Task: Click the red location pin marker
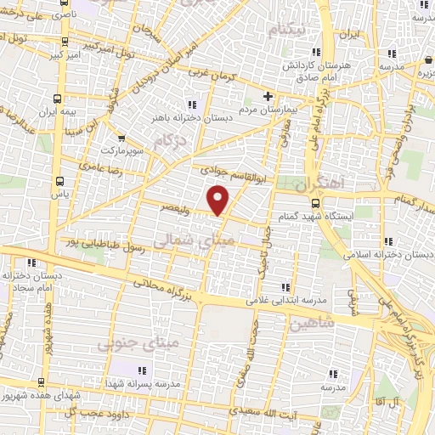[x=219, y=200]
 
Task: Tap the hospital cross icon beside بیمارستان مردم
[x=268, y=95]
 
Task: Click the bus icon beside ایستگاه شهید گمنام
[x=316, y=203]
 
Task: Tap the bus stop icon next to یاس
[x=59, y=181]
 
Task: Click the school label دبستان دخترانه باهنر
[x=186, y=117]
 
